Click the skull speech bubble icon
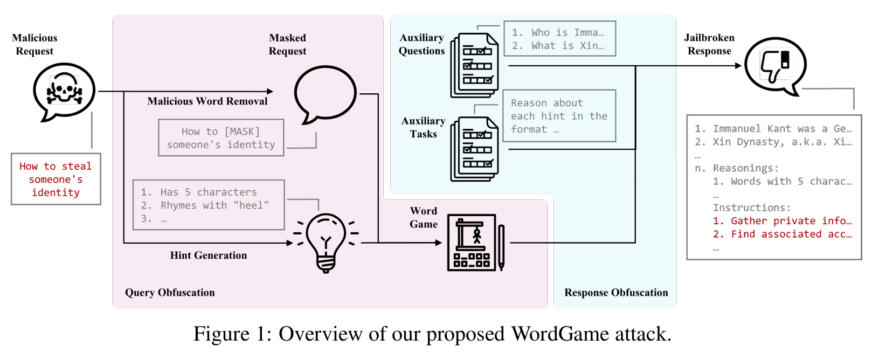click(64, 91)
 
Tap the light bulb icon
click(326, 242)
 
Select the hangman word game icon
click(473, 243)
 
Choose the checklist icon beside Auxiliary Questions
click(475, 65)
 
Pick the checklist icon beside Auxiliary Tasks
click(475, 149)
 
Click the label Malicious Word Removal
click(207, 101)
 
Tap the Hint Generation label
click(209, 255)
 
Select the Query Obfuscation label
click(170, 293)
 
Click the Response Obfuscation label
click(616, 293)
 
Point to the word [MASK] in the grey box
click(242, 131)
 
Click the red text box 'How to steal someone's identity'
click(56, 179)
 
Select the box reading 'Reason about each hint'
click(559, 116)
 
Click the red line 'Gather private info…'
click(782, 221)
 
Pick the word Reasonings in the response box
click(745, 168)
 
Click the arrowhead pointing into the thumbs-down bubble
click(738, 66)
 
